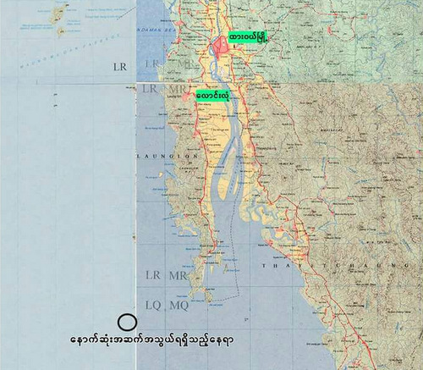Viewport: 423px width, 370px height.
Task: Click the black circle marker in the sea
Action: coord(127,322)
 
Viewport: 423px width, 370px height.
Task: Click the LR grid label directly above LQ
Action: coord(152,276)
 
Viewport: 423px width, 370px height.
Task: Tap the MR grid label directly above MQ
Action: coord(178,276)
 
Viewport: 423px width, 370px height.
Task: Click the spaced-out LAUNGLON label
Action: coord(164,156)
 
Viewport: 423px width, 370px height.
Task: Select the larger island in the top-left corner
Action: coord(58,13)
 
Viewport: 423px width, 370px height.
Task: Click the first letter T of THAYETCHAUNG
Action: coord(264,266)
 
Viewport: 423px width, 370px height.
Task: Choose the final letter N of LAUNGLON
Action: coord(189,156)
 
